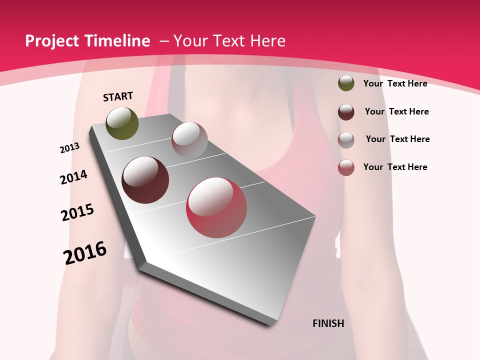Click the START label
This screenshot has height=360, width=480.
click(118, 96)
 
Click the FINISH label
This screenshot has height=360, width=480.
click(328, 323)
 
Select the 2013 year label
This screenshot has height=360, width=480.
click(69, 148)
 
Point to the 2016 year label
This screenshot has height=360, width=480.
click(85, 252)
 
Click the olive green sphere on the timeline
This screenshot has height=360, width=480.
click(122, 123)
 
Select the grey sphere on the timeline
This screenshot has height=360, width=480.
click(189, 140)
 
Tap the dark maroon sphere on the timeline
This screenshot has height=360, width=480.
click(145, 180)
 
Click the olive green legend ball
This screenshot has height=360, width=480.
click(346, 83)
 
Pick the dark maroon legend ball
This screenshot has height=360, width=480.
click(346, 112)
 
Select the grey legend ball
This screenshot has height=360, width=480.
click(346, 139)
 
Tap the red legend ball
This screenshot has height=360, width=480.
click(346, 167)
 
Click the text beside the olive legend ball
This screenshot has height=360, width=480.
click(395, 83)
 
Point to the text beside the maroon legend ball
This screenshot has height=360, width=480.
click(396, 111)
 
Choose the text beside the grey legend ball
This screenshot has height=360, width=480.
click(397, 139)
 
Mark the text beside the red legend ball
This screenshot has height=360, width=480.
click(395, 167)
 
